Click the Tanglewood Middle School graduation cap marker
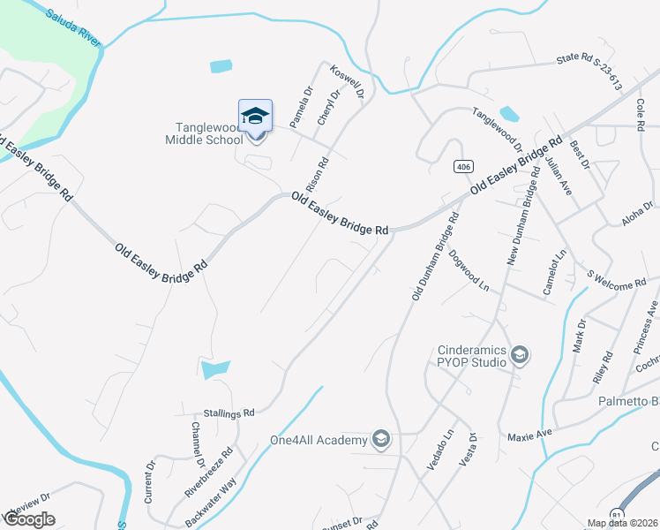[256, 117]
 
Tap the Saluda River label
[74, 27]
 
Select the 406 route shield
[462, 167]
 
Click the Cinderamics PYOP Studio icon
[520, 356]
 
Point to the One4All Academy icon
[381, 439]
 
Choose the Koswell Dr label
[347, 82]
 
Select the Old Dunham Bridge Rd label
[436, 256]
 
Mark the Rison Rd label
[317, 175]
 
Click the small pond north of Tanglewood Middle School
[221, 66]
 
